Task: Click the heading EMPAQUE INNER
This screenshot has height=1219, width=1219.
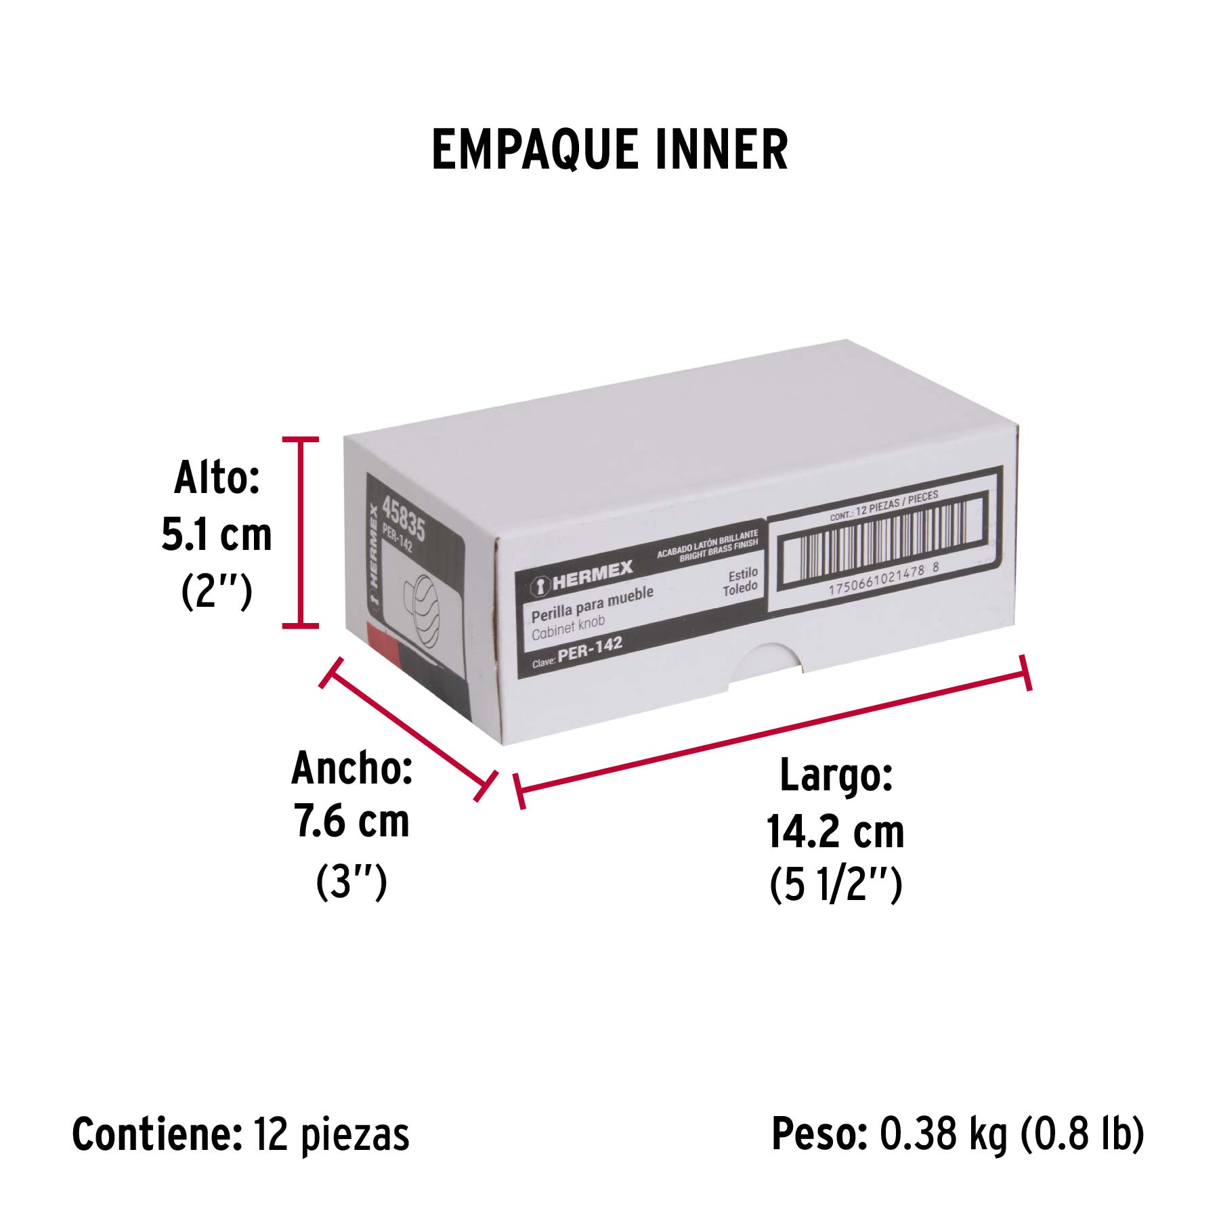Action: coord(609,150)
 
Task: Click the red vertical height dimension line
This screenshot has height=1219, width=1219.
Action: coord(300,532)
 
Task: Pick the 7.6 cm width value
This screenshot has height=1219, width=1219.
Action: coord(351,822)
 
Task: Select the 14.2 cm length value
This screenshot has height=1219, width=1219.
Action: coord(836,832)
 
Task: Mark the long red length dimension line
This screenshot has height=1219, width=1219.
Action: coord(773,731)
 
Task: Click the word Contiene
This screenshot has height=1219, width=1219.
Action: coord(157,1134)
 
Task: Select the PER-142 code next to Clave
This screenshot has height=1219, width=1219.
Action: coord(590,648)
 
